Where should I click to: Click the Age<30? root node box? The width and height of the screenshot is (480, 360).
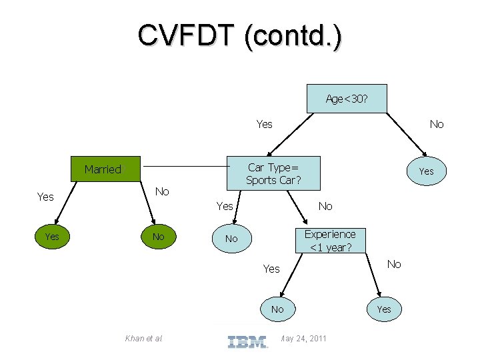(347, 99)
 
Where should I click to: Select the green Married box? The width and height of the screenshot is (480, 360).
(105, 169)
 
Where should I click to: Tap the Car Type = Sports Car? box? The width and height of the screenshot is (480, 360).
(273, 173)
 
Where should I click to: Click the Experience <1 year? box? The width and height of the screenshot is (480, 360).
(330, 241)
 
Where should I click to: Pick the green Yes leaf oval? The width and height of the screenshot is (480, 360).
(52, 236)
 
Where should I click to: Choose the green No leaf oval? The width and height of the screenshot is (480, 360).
(159, 236)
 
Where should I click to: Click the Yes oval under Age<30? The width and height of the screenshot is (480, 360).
(427, 171)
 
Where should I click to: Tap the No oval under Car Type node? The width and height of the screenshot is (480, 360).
(232, 239)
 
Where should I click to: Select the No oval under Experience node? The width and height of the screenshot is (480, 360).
(277, 309)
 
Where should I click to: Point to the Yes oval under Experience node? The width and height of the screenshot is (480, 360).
(384, 309)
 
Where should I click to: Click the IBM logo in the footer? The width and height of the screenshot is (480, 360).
(247, 341)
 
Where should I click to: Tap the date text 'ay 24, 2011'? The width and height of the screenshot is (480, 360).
(303, 338)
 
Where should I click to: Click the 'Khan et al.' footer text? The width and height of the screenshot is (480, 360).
(143, 338)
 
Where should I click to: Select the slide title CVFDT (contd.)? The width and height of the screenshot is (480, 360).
(240, 35)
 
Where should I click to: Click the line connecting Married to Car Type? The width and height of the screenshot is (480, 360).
(187, 166)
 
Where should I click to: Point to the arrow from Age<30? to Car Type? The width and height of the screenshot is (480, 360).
(290, 135)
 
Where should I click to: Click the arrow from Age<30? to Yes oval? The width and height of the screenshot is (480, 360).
(407, 135)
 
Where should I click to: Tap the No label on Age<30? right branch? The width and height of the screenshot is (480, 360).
(437, 124)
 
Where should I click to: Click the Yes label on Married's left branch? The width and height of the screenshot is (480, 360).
(45, 197)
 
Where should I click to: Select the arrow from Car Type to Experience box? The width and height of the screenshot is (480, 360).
(297, 207)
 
